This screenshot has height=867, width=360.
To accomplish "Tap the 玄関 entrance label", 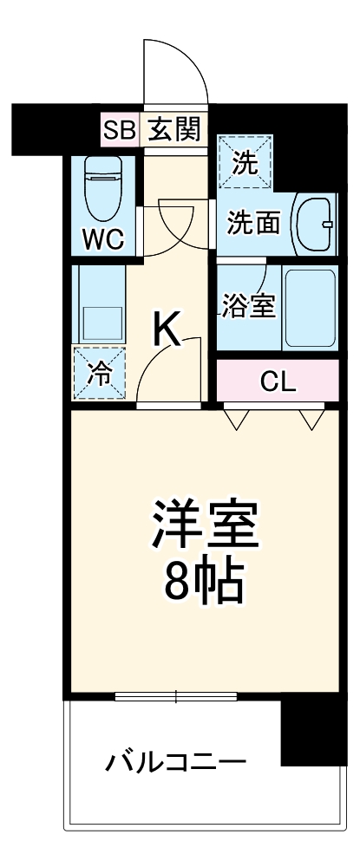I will [173, 130].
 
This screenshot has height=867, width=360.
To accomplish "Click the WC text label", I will [102, 237].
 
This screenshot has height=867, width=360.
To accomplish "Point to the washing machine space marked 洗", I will [245, 162].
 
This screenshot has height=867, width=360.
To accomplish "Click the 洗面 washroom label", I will [253, 223].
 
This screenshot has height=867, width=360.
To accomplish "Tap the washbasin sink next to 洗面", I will [314, 224].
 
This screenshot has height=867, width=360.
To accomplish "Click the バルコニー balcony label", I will [176, 763].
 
